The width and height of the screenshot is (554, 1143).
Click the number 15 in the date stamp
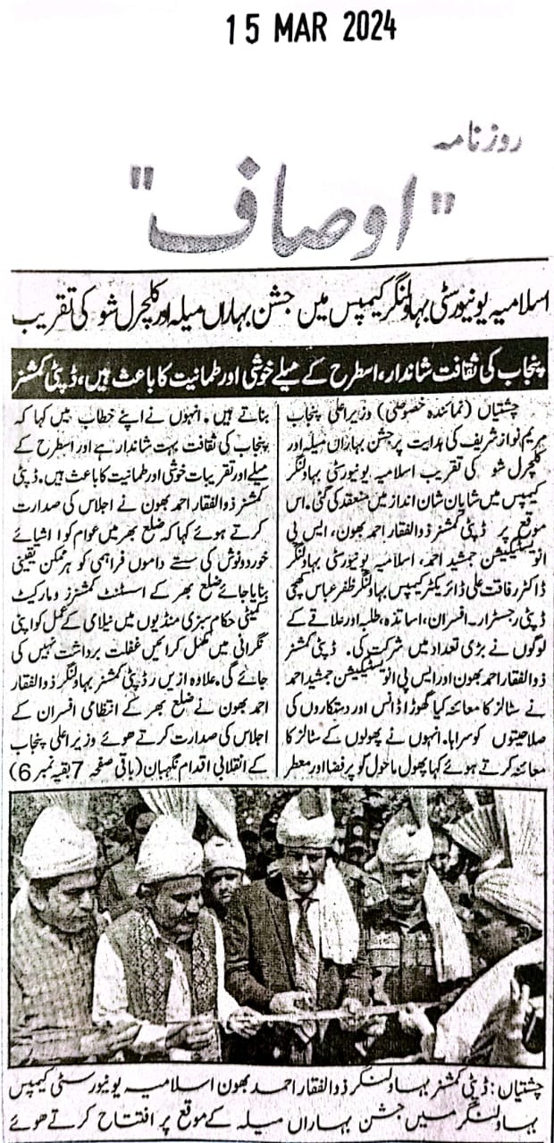click(239, 31)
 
